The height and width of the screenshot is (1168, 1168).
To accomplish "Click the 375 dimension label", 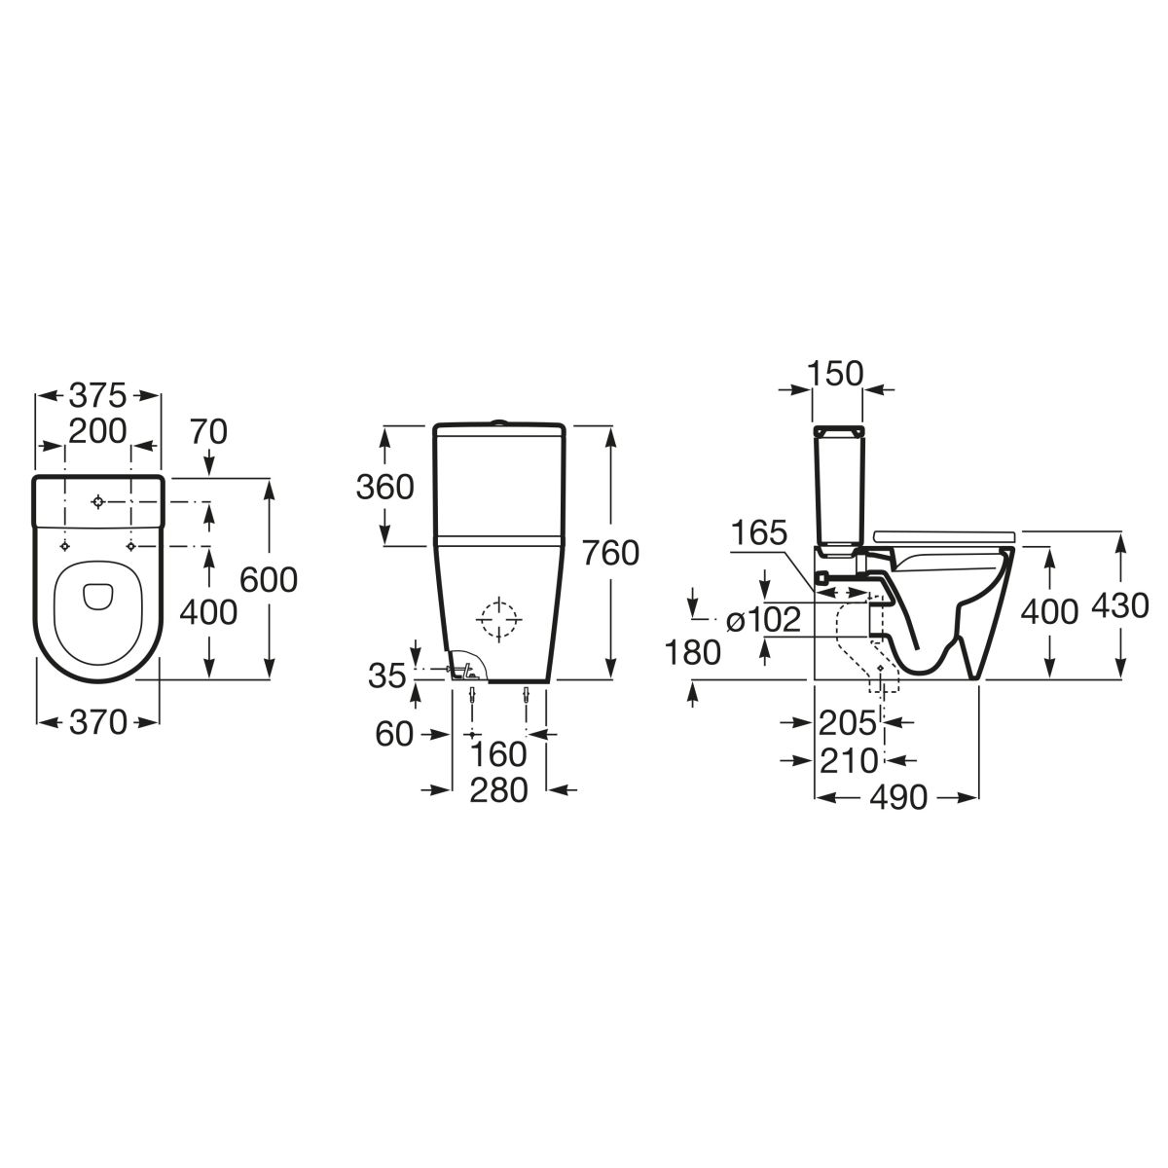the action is click(97, 396).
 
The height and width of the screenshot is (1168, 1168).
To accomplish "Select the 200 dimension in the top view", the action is click(97, 431).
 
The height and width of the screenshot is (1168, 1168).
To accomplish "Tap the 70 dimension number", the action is click(208, 431).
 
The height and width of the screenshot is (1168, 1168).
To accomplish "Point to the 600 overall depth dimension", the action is click(269, 579).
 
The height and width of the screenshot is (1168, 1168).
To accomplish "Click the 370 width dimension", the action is click(98, 722).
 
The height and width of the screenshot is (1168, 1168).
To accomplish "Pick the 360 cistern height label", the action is click(384, 487).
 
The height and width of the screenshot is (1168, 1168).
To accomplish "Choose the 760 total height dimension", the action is click(610, 553).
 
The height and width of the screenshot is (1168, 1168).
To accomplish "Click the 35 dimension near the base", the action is click(386, 675).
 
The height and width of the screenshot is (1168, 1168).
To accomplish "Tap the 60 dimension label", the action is click(394, 734).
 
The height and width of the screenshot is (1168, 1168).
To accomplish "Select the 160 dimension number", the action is click(499, 754).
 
